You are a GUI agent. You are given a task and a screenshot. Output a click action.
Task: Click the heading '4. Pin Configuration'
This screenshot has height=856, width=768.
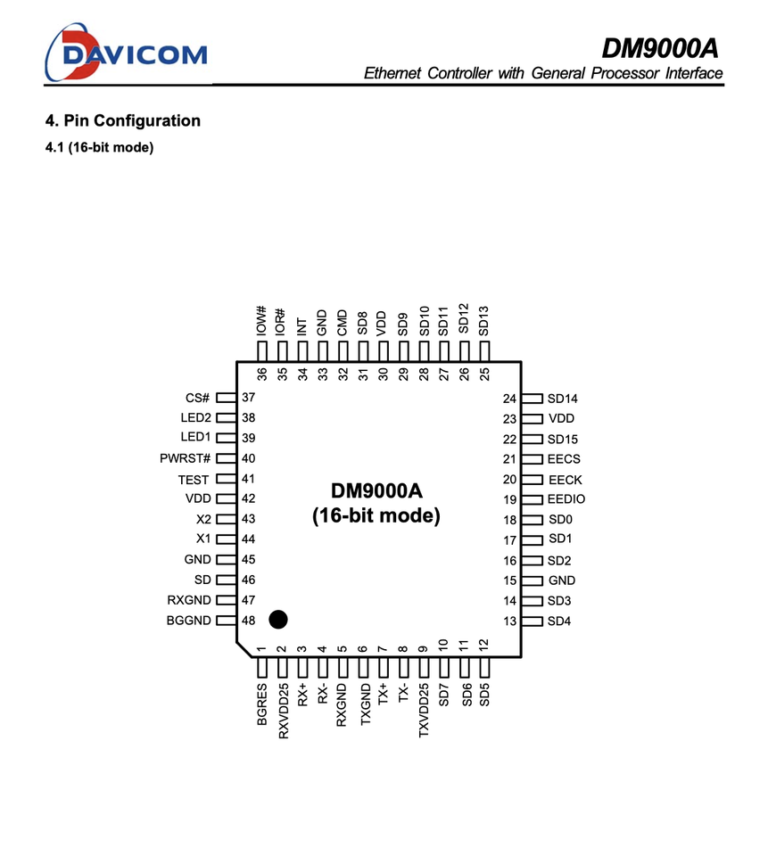pos(123,120)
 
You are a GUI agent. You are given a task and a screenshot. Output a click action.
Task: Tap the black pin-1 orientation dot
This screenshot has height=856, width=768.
pos(278,619)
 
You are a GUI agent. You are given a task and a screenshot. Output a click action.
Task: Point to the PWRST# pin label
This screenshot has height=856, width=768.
pos(186,458)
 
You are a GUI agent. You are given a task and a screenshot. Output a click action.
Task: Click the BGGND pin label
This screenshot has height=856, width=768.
pos(189,621)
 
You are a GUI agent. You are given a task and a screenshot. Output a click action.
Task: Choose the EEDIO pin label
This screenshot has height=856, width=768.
pos(567,499)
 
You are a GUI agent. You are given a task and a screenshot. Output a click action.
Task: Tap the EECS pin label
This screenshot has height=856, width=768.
pos(564,459)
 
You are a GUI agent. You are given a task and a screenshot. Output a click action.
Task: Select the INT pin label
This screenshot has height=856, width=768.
pos(302,325)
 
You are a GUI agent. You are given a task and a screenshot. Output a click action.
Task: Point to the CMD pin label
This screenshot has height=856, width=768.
pos(343,323)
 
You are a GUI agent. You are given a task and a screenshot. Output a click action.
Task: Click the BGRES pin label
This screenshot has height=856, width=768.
pos(262,705)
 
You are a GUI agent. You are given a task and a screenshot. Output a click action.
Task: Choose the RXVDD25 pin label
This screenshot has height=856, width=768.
pos(283,711)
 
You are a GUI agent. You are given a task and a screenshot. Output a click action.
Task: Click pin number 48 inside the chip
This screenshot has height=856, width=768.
pos(249,621)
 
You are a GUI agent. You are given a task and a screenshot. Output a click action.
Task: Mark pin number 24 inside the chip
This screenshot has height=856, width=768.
pos(509,399)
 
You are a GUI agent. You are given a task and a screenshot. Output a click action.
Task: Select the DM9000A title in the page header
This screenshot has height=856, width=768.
pos(659,46)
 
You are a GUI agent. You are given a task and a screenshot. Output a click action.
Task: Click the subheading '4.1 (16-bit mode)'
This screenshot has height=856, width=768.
pos(99,146)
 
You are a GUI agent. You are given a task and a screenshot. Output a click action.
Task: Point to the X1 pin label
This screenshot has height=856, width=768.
pos(202,539)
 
